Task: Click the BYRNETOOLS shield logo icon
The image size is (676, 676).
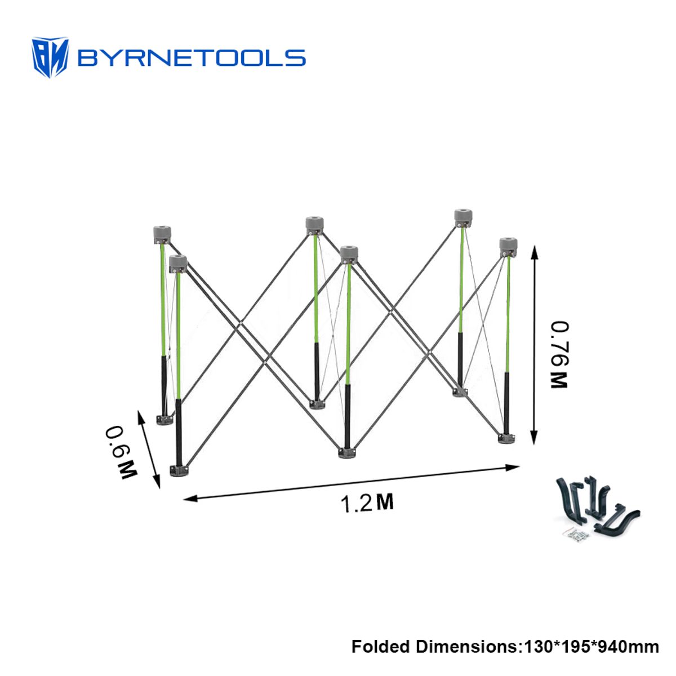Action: click(x=50, y=57)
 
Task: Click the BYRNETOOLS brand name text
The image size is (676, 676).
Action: click(x=191, y=58)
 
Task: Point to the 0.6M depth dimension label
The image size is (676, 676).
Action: click(x=121, y=452)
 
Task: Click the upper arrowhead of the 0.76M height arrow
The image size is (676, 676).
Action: click(x=534, y=252)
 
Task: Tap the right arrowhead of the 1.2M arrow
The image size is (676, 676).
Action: click(x=513, y=467)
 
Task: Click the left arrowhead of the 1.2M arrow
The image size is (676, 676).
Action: click(x=190, y=498)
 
